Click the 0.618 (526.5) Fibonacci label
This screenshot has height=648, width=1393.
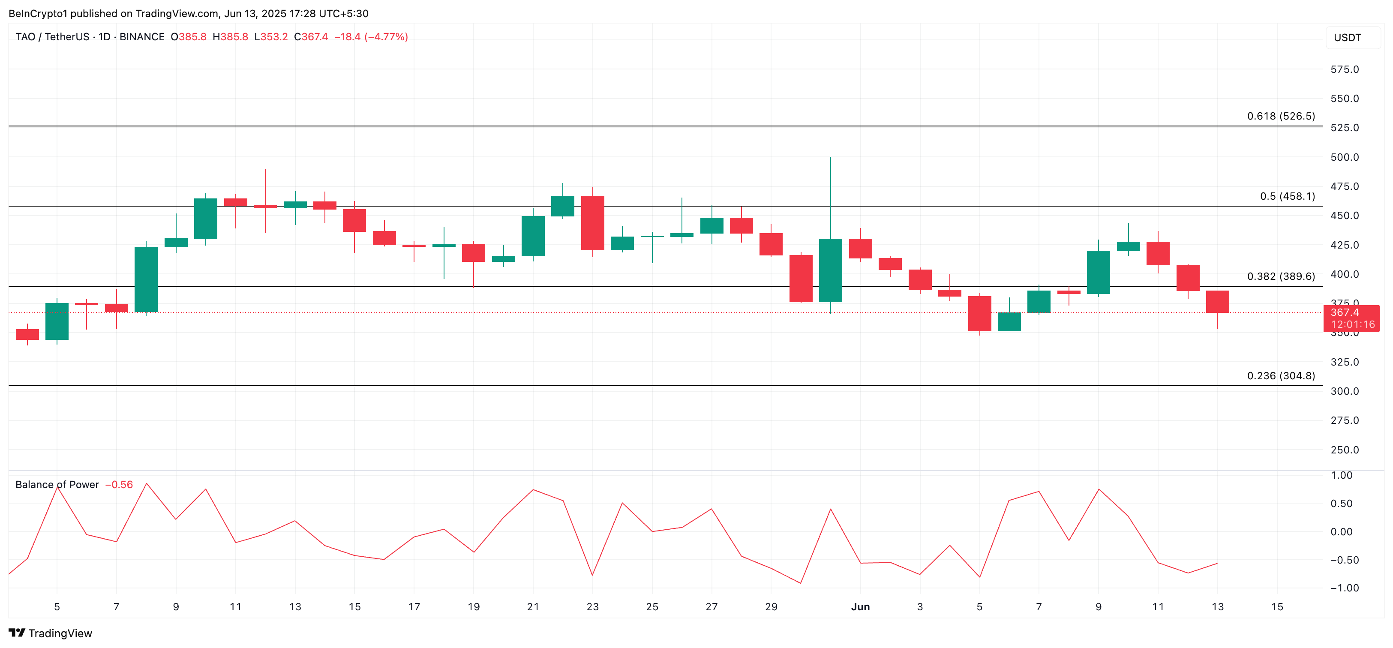[1281, 116]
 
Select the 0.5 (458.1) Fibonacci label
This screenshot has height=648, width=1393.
[1287, 196]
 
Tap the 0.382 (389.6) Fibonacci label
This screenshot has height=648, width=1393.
[1281, 276]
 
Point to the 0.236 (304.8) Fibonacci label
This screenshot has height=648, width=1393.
[1281, 376]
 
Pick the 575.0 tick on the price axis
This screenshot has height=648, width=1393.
[1344, 69]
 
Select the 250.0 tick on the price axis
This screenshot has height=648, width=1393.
[1344, 450]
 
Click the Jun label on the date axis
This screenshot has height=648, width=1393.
[860, 607]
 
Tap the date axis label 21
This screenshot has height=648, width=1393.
[533, 607]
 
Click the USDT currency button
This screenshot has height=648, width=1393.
[1347, 38]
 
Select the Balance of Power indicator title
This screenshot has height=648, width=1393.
[57, 485]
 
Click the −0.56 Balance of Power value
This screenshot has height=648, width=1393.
[119, 485]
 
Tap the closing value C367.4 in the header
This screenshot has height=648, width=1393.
[311, 37]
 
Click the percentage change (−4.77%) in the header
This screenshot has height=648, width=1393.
[386, 37]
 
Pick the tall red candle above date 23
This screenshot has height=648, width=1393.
[593, 223]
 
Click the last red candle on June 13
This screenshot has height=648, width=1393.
[1217, 302]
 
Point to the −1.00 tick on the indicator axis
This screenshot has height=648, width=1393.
[1344, 588]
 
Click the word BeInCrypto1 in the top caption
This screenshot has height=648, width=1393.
[38, 14]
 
